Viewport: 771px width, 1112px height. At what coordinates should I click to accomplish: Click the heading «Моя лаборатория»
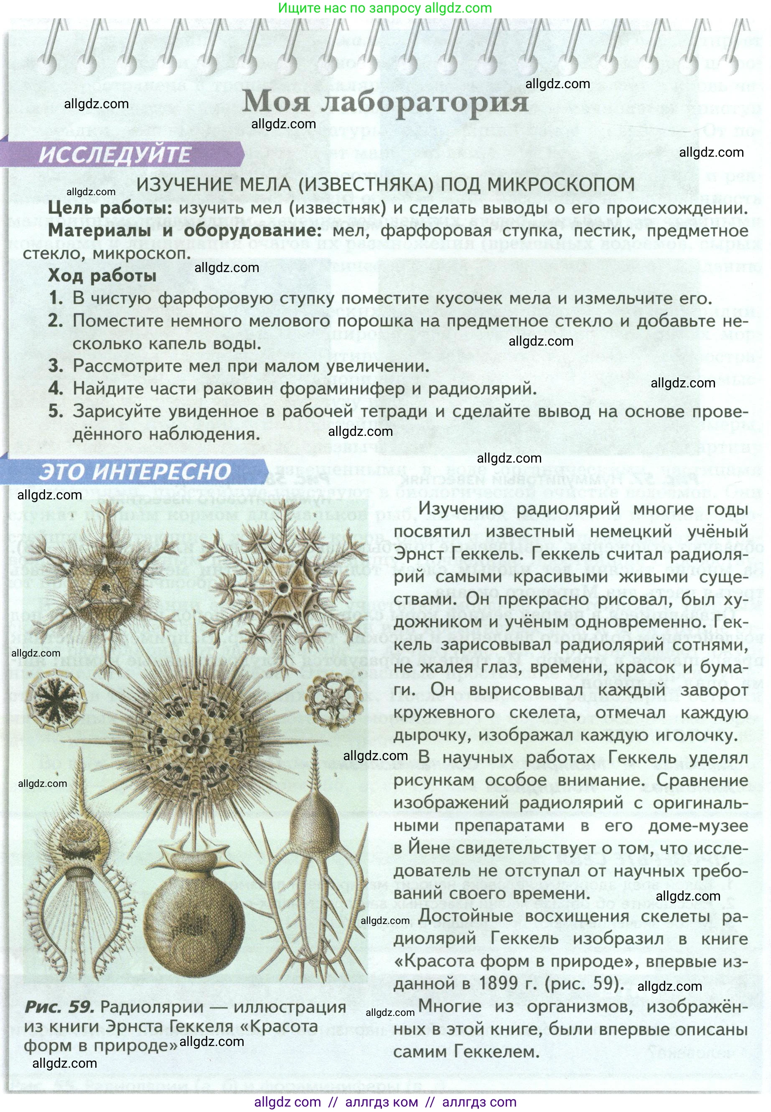tap(385, 102)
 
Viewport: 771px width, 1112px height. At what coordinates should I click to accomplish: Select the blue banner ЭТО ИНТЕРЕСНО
tap(135, 471)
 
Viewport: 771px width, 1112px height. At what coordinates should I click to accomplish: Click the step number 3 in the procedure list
tap(56, 366)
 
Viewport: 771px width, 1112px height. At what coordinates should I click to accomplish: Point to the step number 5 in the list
tap(56, 411)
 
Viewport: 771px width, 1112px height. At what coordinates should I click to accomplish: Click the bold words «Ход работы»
tap(102, 275)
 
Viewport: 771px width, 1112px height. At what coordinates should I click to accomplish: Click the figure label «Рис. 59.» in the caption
tap(59, 1007)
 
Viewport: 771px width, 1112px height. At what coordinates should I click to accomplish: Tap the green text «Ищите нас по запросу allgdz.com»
tap(385, 8)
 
